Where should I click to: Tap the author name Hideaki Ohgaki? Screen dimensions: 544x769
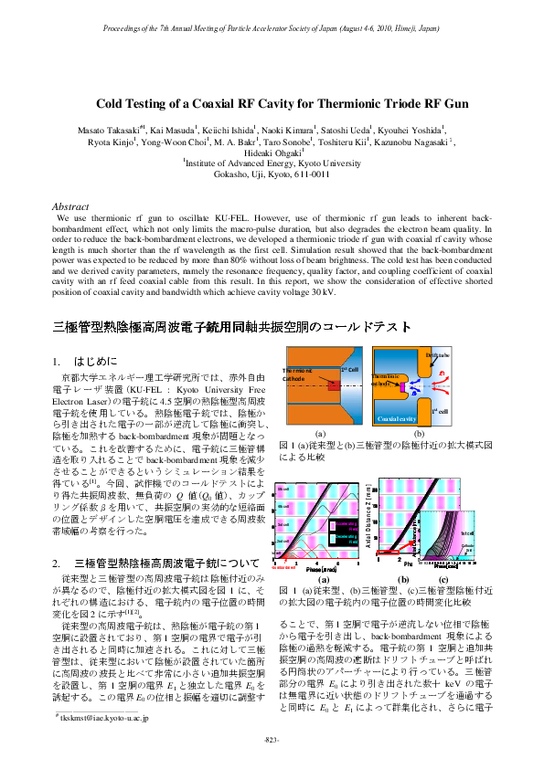pos(271,153)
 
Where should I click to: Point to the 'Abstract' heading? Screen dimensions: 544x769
pos(72,207)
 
